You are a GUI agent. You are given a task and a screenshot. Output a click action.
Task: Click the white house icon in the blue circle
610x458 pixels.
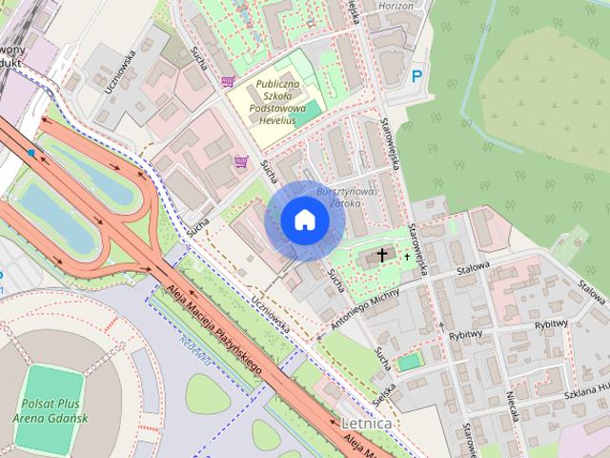[x=304, y=220]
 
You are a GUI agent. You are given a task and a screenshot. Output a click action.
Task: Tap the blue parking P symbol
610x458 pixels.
[x=416, y=76]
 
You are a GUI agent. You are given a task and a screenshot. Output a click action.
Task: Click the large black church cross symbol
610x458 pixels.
[x=383, y=255]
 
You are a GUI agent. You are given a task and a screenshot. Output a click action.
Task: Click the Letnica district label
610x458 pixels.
[x=365, y=421]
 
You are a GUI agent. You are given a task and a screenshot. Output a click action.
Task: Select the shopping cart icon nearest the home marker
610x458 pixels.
[x=241, y=161]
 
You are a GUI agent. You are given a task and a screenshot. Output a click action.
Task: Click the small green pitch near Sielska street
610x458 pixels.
[x=409, y=363]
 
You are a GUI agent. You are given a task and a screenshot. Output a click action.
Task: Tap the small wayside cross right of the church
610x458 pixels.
[x=407, y=256]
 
